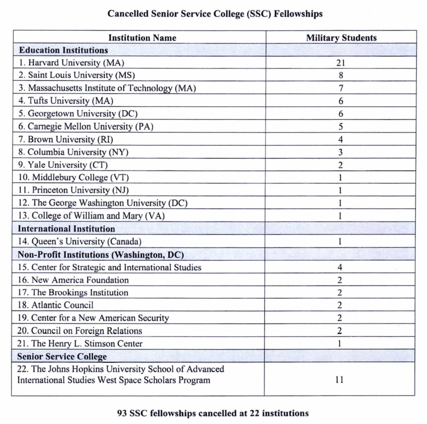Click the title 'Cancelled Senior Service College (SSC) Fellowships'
pos(215,14)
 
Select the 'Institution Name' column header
pos(143,38)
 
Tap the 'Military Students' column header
pos(341,38)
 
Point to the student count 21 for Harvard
pos(340,63)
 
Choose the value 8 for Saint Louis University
pos(341,76)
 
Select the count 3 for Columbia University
pos(341,152)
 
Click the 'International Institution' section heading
pos(66,229)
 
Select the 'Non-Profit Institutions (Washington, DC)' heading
pos(101,254)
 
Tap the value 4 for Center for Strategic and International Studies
pos(340,267)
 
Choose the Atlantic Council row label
pos(55,305)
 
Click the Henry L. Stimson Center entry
pos(80,344)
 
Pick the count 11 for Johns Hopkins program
pos(340,379)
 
